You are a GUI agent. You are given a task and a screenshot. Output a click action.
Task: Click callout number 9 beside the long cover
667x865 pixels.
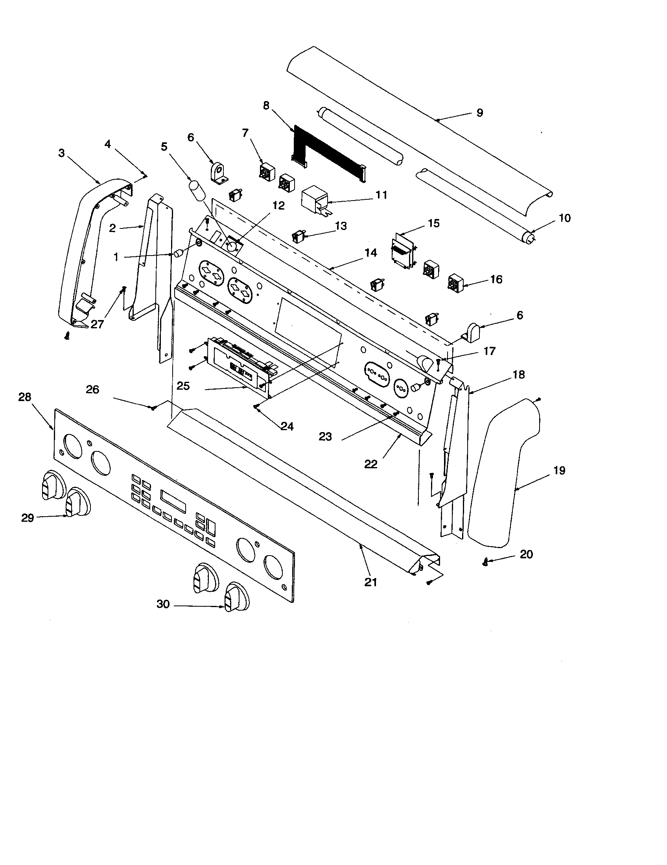click(x=479, y=113)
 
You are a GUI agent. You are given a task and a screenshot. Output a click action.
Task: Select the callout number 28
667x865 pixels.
click(x=24, y=397)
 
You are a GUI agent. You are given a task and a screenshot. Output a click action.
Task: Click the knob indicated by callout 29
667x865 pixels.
click(x=77, y=503)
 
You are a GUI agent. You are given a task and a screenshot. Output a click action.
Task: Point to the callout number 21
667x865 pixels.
click(x=370, y=582)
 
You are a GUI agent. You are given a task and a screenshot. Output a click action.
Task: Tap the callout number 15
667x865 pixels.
click(x=434, y=223)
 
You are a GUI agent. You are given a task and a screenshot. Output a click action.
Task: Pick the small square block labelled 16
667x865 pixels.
click(x=456, y=283)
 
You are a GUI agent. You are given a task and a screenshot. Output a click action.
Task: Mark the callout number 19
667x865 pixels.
click(x=559, y=471)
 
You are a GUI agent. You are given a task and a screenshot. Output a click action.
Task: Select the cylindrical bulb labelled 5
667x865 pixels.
click(x=197, y=191)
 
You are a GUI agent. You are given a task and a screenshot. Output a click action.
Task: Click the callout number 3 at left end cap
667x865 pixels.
click(x=61, y=153)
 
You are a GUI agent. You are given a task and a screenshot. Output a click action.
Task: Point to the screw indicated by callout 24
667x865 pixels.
click(x=257, y=406)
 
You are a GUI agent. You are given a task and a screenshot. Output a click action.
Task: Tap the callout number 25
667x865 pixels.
click(x=183, y=386)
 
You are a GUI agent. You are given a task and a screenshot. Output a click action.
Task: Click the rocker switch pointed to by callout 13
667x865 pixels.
click(x=297, y=237)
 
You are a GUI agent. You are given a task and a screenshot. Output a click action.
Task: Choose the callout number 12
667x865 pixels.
click(x=278, y=206)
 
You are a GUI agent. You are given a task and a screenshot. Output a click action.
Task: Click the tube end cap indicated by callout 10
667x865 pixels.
click(x=529, y=238)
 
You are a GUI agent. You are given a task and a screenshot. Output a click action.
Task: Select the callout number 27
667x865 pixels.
click(x=97, y=324)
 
